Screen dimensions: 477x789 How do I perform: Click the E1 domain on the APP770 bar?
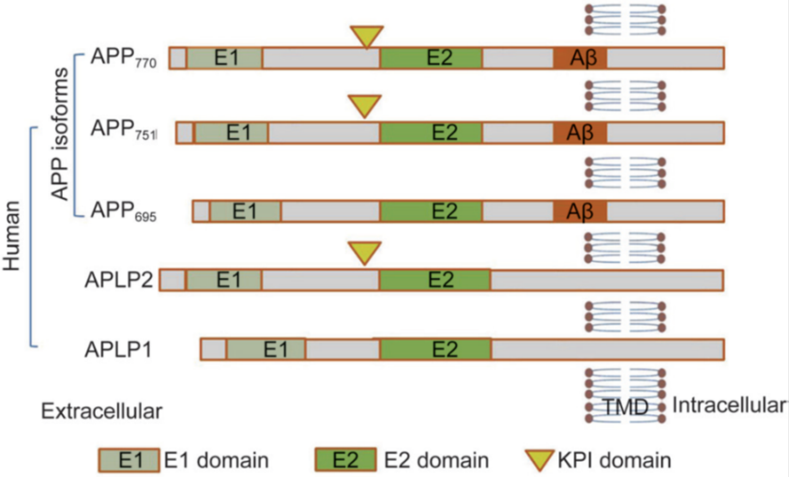pos(224,58)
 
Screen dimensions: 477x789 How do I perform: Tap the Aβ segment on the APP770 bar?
pos(579,58)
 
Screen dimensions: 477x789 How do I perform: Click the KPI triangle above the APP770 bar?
pos(367,36)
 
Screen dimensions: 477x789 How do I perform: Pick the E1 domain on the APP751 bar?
pos(231,132)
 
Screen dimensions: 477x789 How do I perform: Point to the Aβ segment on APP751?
pos(579,132)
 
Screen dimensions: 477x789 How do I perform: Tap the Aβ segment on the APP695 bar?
pos(579,211)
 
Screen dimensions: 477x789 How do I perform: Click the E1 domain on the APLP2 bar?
pos(224,280)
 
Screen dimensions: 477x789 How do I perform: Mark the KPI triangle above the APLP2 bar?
pos(365,253)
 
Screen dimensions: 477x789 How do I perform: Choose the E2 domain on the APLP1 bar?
pos(435,349)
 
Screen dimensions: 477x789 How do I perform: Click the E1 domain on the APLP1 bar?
pos(266,349)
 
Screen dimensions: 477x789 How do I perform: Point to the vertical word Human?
pos(14,235)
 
